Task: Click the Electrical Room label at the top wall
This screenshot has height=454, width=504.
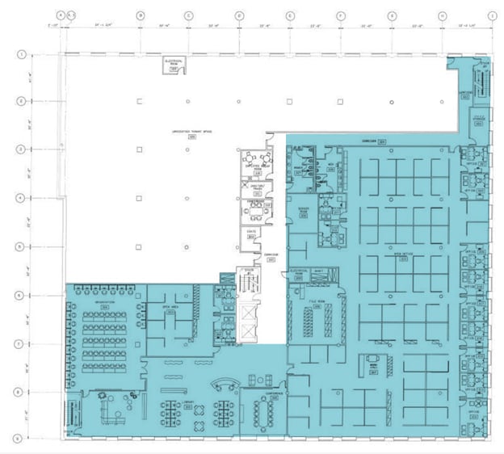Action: (172, 62)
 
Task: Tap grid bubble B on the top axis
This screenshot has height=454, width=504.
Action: (140, 15)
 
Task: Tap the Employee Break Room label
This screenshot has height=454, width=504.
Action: (257, 166)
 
